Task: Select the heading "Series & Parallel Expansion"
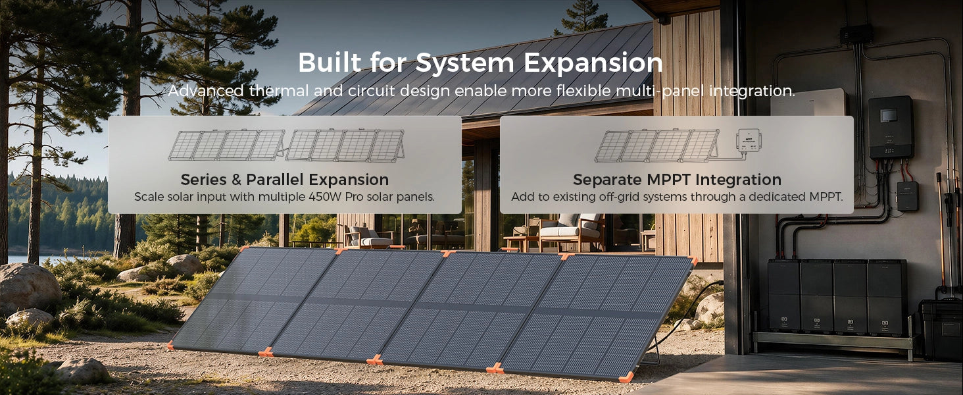[x=285, y=180]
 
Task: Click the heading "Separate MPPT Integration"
[x=677, y=180]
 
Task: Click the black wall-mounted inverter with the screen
[x=891, y=127]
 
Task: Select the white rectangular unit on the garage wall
[x=808, y=103]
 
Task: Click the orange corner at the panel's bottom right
[x=626, y=377]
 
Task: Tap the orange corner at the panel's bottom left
[x=170, y=345]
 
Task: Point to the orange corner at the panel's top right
[x=692, y=261]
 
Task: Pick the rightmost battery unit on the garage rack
[x=887, y=297]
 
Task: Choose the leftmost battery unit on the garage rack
[x=783, y=295]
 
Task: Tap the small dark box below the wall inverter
[x=908, y=196]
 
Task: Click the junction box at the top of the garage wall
[x=856, y=34]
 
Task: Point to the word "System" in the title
[x=464, y=63]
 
